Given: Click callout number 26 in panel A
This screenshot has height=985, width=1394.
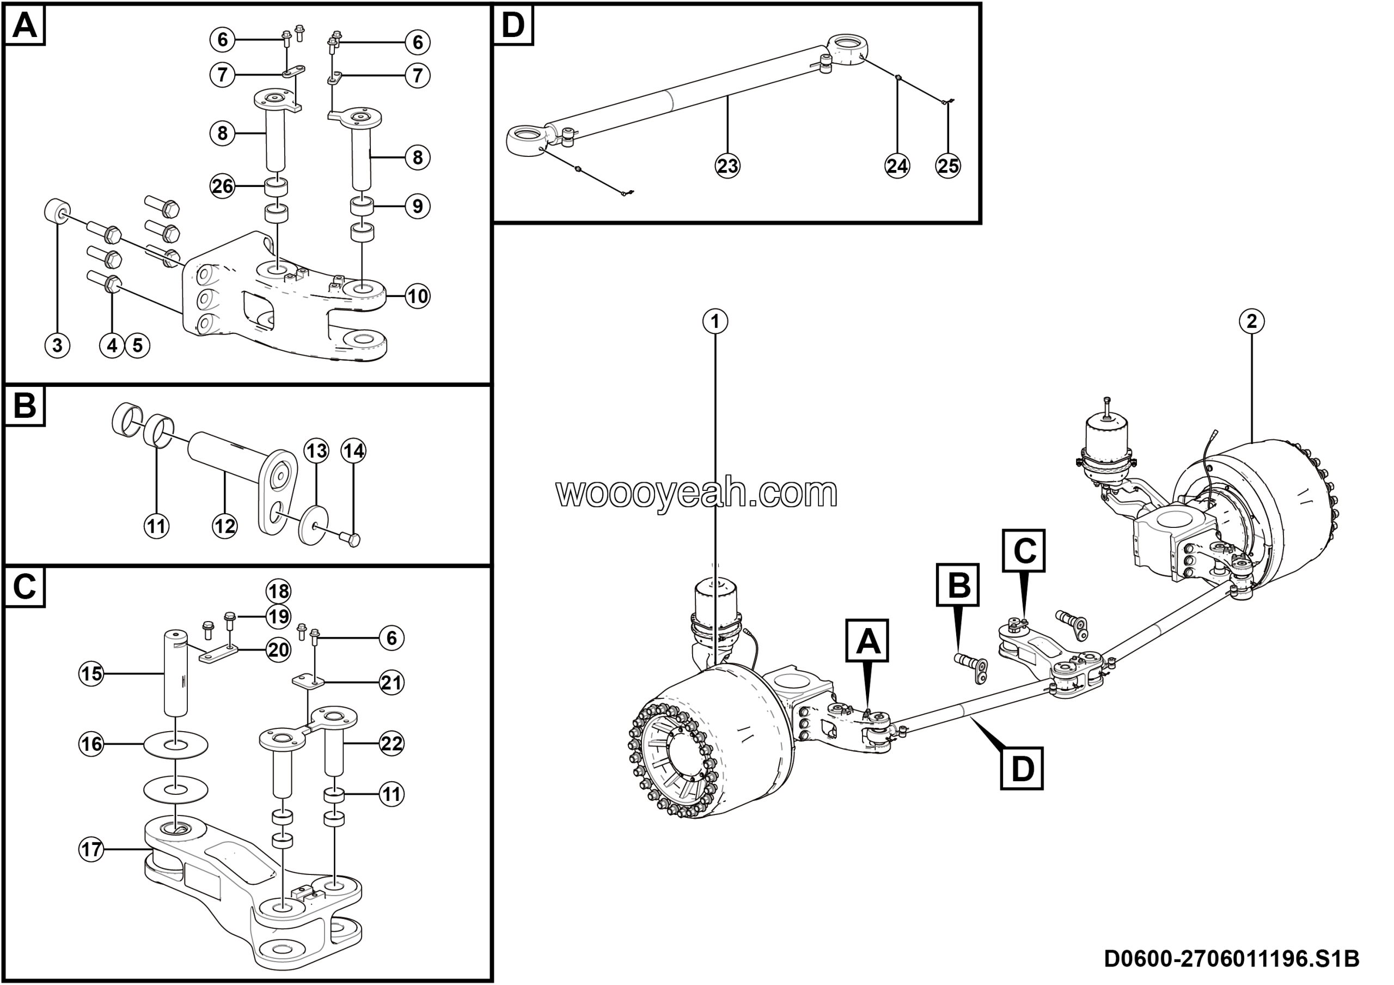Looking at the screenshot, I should (222, 186).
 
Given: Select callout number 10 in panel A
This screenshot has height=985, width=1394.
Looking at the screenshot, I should (417, 296).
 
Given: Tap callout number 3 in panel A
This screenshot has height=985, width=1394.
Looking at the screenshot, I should (57, 345).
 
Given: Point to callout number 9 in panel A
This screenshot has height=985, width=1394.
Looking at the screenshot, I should (417, 206).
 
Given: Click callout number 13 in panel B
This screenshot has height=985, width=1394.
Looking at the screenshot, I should (316, 451).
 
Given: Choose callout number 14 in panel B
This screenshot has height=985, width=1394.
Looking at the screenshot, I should (354, 451).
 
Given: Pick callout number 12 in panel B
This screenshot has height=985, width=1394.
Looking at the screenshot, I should (225, 525).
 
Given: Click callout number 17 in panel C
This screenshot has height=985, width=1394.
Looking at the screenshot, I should (91, 849).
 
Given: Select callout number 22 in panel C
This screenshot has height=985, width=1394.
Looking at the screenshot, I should (392, 743).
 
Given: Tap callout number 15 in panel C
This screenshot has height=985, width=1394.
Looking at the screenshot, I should (91, 673).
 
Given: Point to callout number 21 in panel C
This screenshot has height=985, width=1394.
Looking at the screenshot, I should (392, 683).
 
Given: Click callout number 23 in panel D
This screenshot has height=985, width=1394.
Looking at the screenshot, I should (727, 165).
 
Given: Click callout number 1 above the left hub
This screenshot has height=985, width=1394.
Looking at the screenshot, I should (715, 321).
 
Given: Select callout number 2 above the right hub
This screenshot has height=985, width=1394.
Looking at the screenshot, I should (1251, 321).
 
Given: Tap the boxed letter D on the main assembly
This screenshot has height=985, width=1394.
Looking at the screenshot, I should (1023, 769).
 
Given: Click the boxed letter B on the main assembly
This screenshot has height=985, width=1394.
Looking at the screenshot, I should (958, 586).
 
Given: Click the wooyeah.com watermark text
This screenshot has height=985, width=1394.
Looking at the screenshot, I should (696, 492).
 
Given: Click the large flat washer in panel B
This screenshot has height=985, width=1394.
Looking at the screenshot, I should (313, 524).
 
